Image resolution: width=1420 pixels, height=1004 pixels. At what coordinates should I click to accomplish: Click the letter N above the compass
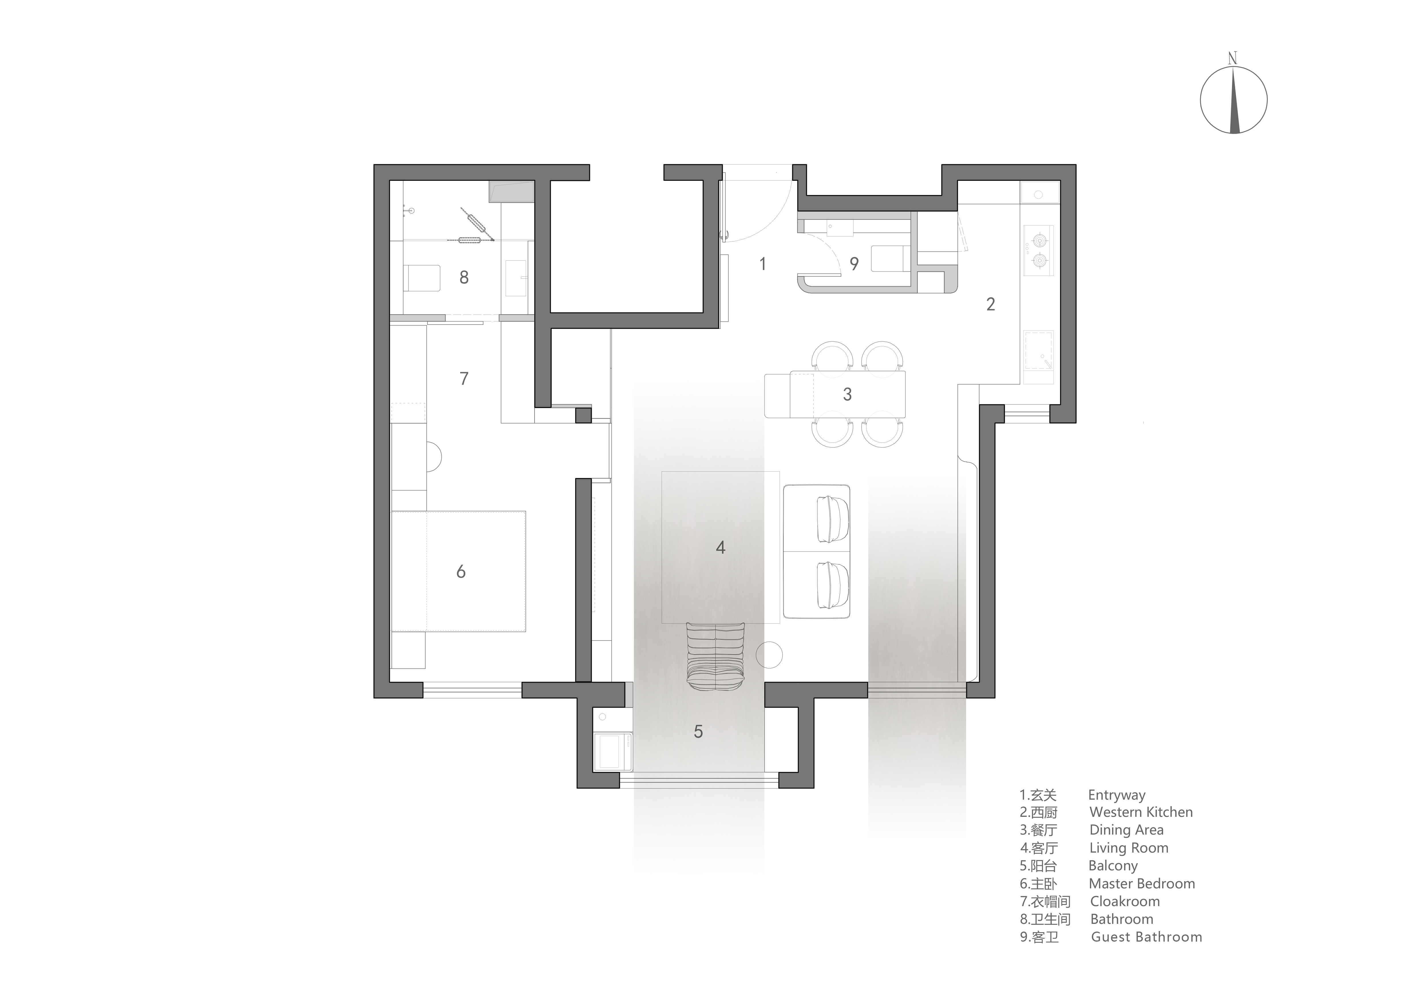coord(1232,59)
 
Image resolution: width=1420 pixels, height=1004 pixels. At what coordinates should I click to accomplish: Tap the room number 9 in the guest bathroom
coord(854,264)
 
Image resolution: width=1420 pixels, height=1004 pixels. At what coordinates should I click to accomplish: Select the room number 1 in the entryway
coord(763,264)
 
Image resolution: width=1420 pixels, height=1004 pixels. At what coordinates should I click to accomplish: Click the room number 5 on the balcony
coord(698,732)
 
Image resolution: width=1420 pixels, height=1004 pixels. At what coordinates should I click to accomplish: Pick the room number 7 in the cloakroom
coord(464,379)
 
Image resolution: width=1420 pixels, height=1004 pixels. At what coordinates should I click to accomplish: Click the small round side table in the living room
coord(770,655)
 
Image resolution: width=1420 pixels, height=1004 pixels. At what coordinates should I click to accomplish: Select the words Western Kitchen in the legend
coord(1141,812)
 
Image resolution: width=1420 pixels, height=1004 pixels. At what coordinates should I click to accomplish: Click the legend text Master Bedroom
coord(1142,884)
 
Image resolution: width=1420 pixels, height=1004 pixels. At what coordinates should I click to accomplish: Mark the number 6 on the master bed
coord(461,572)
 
